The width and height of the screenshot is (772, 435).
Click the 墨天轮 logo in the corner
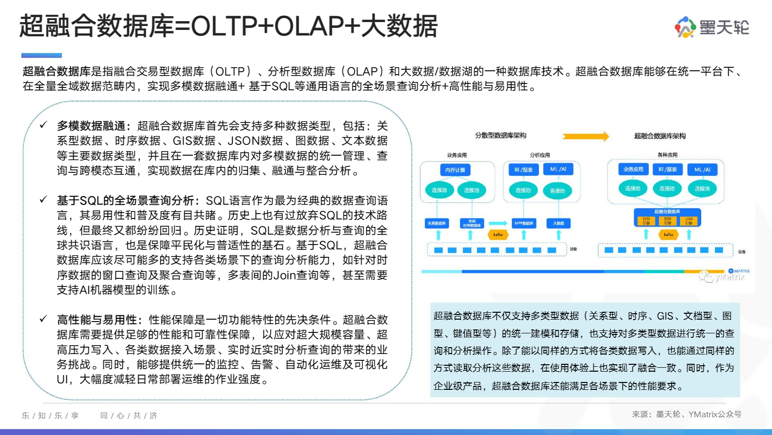[x=712, y=27]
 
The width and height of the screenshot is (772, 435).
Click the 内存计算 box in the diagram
[x=455, y=170]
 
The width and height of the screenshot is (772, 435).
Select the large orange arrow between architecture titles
[x=585, y=136]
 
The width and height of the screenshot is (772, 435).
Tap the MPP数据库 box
[x=524, y=223]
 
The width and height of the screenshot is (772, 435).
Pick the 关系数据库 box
[x=437, y=223]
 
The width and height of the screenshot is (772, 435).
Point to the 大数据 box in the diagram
[x=559, y=223]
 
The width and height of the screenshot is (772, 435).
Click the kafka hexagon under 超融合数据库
[x=668, y=235]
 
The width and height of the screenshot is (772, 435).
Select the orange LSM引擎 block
[x=689, y=221]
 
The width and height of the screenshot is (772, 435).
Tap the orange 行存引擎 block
[x=646, y=221]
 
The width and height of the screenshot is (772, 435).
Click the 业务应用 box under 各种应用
[x=633, y=169]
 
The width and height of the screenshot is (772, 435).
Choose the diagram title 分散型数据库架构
[x=501, y=136]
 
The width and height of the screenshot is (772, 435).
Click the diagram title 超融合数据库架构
[x=660, y=136]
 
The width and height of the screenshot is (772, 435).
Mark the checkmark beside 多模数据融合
[x=44, y=125]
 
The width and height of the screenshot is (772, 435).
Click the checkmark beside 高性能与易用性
[x=44, y=319]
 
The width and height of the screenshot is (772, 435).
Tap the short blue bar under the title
[x=41, y=55]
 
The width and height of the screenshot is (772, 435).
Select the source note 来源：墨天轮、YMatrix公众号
[x=686, y=414]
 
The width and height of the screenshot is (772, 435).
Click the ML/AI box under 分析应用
[x=558, y=169]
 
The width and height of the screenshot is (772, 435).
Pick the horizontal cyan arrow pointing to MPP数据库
[x=498, y=223]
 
